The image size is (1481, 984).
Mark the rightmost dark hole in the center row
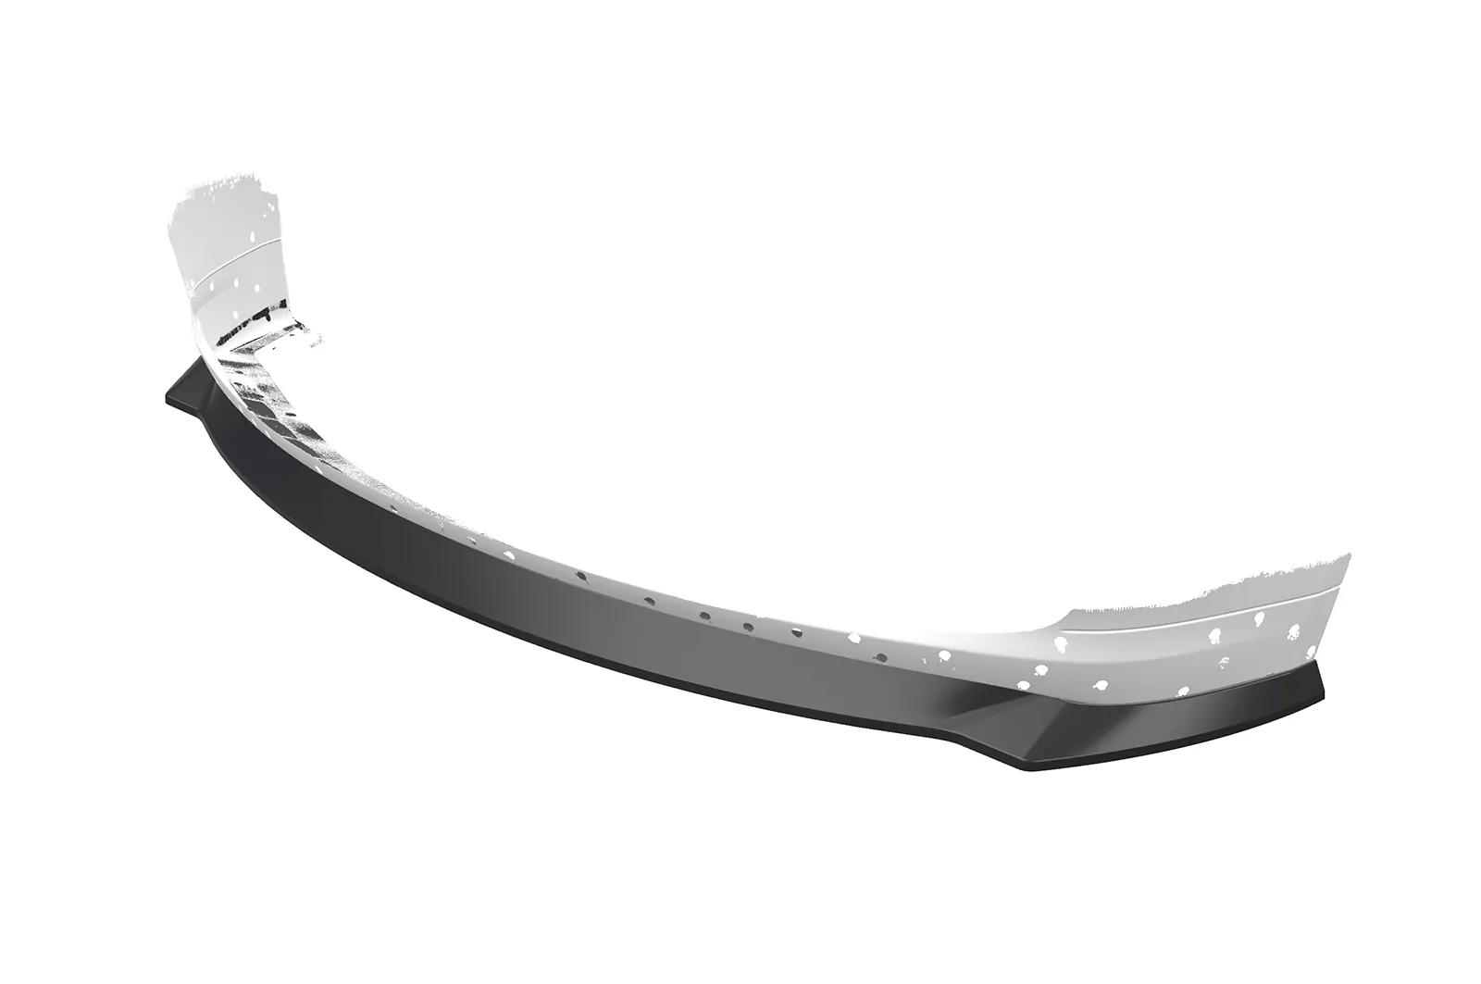pyautogui.click(x=748, y=627)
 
